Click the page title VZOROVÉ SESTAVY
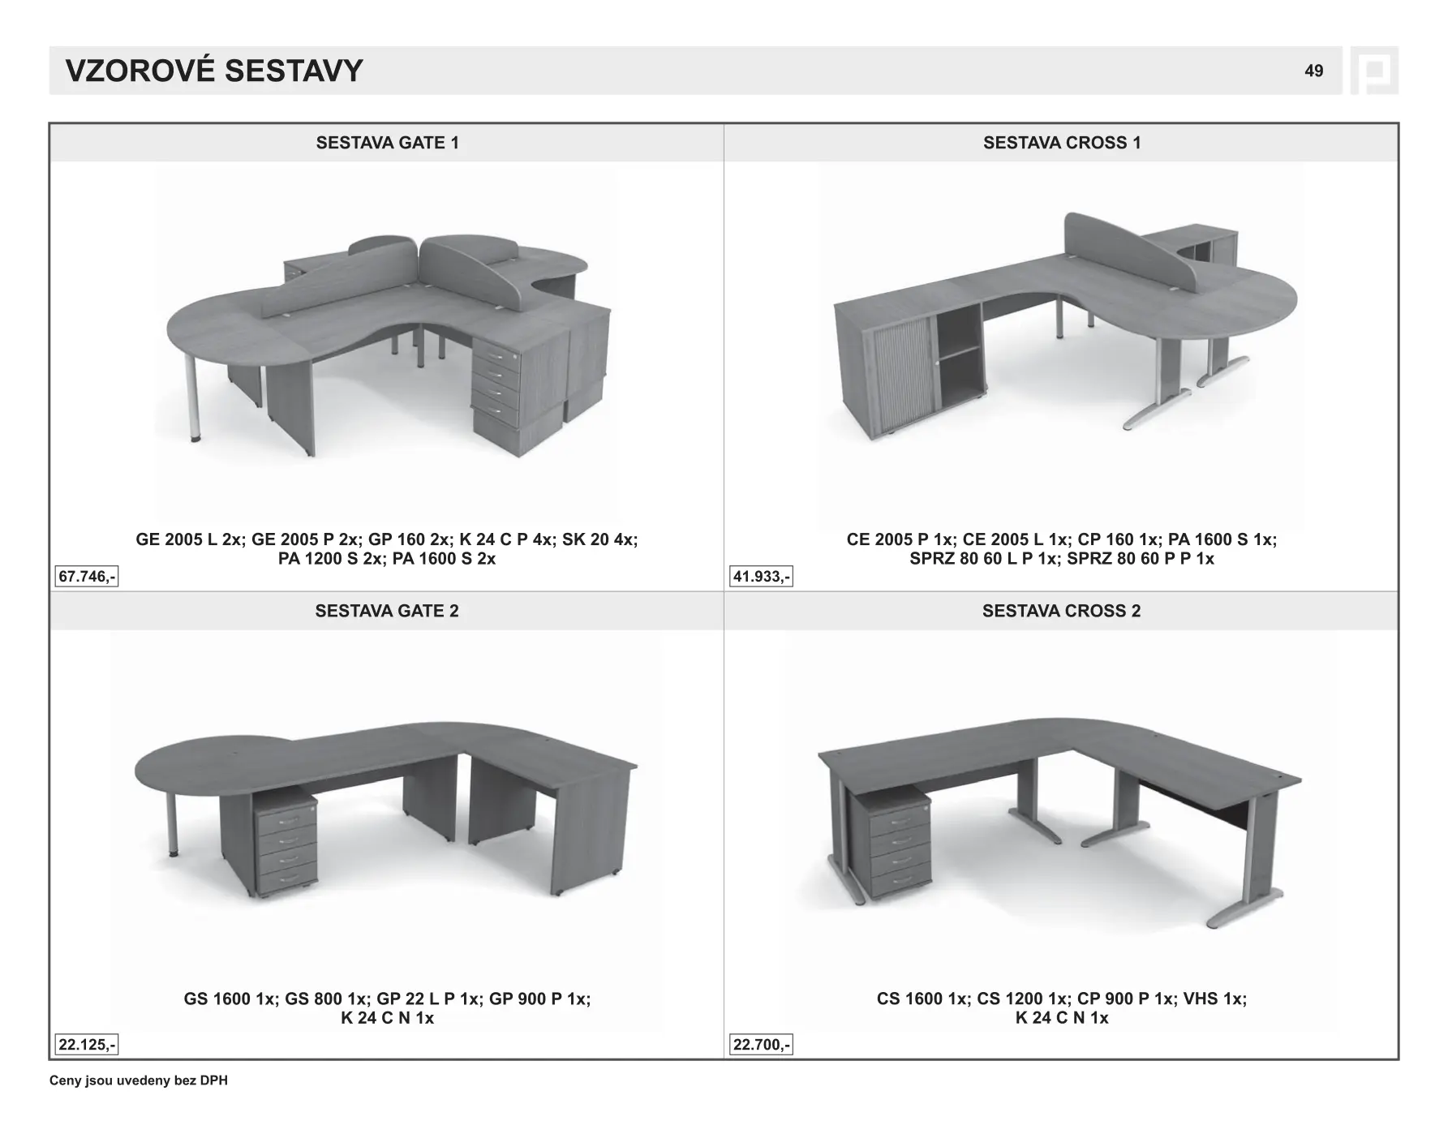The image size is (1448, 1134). click(214, 71)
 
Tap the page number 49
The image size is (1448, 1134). click(1313, 71)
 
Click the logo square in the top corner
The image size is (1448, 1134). click(1374, 71)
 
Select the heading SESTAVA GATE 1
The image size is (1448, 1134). click(387, 143)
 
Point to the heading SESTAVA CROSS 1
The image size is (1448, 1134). click(1062, 143)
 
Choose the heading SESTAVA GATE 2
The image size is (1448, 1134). click(387, 611)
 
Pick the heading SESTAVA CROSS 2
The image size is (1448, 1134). click(1061, 611)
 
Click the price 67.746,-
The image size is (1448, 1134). click(87, 577)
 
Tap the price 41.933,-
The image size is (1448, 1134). click(761, 577)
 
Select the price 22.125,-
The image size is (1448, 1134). click(87, 1045)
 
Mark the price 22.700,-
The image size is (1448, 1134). click(761, 1045)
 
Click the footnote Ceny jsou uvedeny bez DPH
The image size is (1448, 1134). click(139, 1080)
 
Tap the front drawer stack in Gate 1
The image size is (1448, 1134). click(496, 390)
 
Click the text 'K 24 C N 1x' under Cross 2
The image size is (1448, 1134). click(1061, 1018)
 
